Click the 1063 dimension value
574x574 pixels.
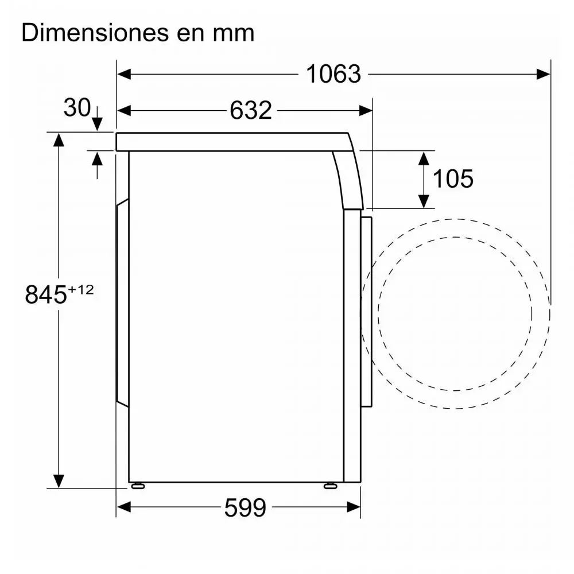[333, 74]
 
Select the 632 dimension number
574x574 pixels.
[251, 110]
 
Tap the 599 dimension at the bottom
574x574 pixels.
[245, 507]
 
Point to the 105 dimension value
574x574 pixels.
[453, 179]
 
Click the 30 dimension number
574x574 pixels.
[77, 107]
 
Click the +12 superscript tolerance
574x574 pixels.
[80, 290]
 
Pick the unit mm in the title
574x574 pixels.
[232, 33]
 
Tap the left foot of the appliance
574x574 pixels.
[138, 486]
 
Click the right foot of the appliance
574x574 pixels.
[330, 486]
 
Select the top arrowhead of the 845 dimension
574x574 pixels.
[59, 138]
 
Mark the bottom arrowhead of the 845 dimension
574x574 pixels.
[59, 481]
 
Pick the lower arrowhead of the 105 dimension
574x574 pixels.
[424, 201]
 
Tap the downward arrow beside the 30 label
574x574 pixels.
[96, 122]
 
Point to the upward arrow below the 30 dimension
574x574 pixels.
[96, 158]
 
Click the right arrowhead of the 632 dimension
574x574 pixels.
[366, 110]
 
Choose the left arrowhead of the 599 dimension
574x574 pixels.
[124, 507]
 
